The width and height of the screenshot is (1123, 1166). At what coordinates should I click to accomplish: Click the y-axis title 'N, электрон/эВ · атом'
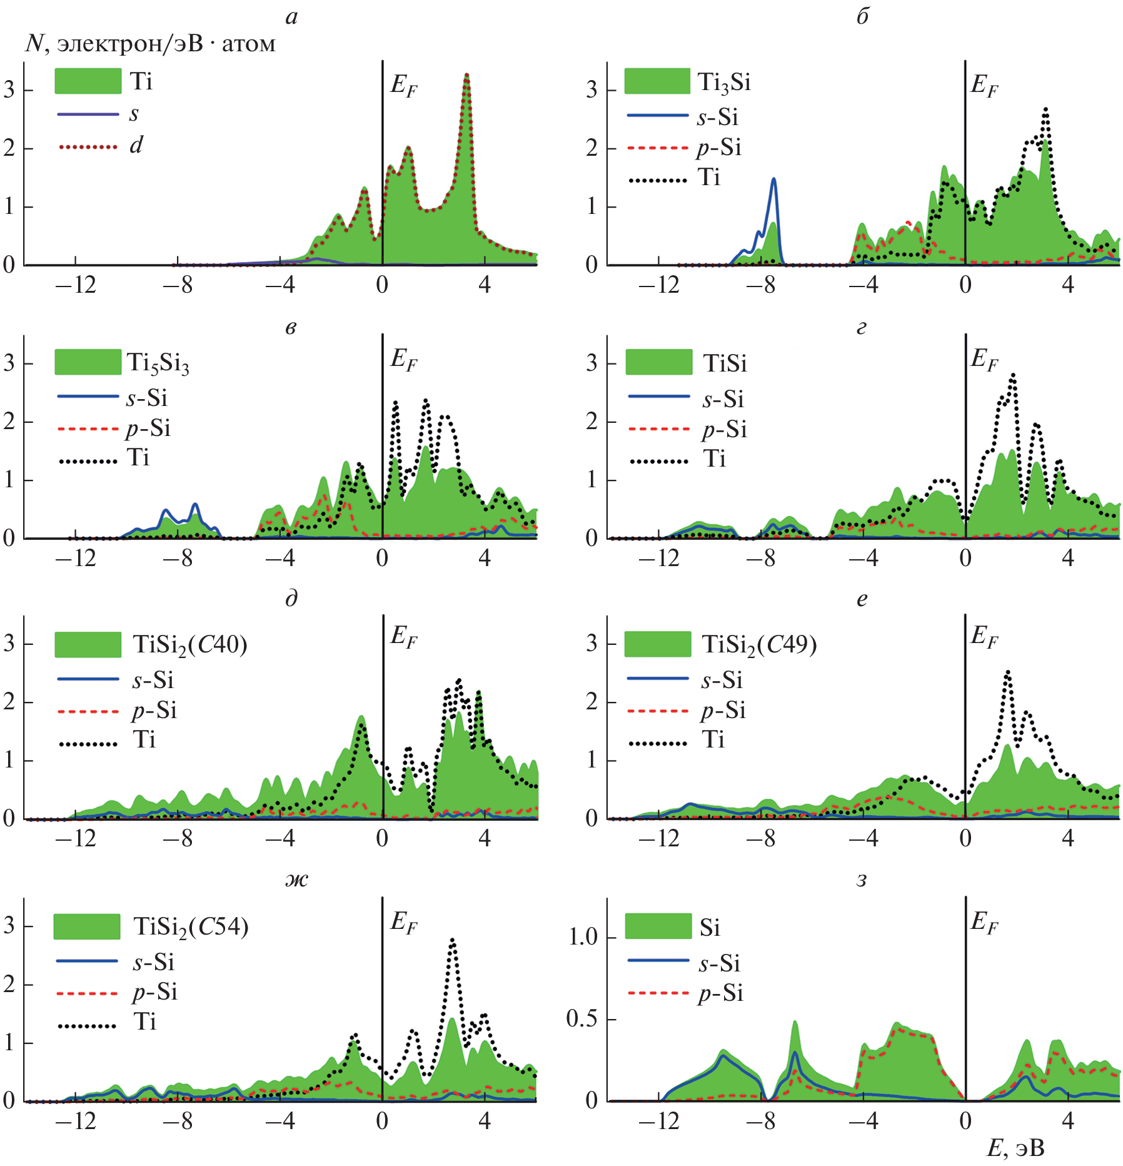point(150,44)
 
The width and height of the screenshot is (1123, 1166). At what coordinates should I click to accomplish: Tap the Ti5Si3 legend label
point(158,363)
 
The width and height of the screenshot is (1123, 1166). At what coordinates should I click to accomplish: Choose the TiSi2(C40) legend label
point(190,644)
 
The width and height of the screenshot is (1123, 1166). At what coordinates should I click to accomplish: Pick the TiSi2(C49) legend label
point(759,644)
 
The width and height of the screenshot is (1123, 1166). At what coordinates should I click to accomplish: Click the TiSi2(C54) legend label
point(191,926)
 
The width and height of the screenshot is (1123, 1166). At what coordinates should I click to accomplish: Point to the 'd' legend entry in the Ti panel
point(136,146)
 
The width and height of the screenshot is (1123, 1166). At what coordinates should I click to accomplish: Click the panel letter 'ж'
point(296,880)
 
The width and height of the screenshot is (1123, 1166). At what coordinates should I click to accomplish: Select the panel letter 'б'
point(862,17)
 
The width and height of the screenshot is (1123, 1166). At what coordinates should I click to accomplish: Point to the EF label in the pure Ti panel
point(403,86)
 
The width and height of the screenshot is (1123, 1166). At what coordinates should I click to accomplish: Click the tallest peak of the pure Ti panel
point(466,75)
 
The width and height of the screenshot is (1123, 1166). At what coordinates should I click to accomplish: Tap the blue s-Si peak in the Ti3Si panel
point(773,180)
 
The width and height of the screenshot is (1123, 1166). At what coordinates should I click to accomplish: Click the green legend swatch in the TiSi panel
point(658,362)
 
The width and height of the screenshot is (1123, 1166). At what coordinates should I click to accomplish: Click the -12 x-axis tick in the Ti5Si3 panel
point(76,558)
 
